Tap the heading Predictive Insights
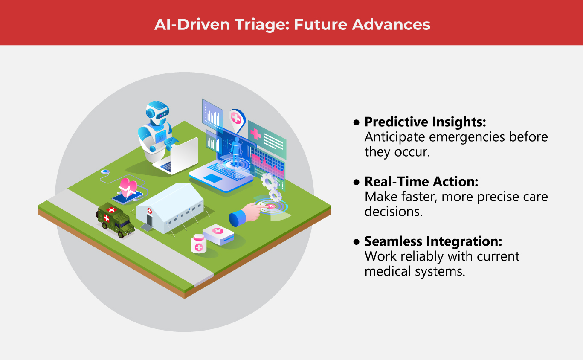click(x=425, y=122)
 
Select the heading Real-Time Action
click(x=421, y=181)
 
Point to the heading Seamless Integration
click(x=433, y=241)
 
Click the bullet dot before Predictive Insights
click(x=356, y=122)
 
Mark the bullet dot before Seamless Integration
click(x=356, y=242)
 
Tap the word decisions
click(x=393, y=212)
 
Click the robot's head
click(x=157, y=113)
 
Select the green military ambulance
click(x=116, y=220)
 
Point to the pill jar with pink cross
click(x=199, y=244)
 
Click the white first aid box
click(x=218, y=234)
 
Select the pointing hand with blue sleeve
click(x=246, y=214)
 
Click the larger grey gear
click(x=269, y=181)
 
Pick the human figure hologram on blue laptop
click(x=236, y=151)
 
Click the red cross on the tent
click(x=150, y=211)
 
